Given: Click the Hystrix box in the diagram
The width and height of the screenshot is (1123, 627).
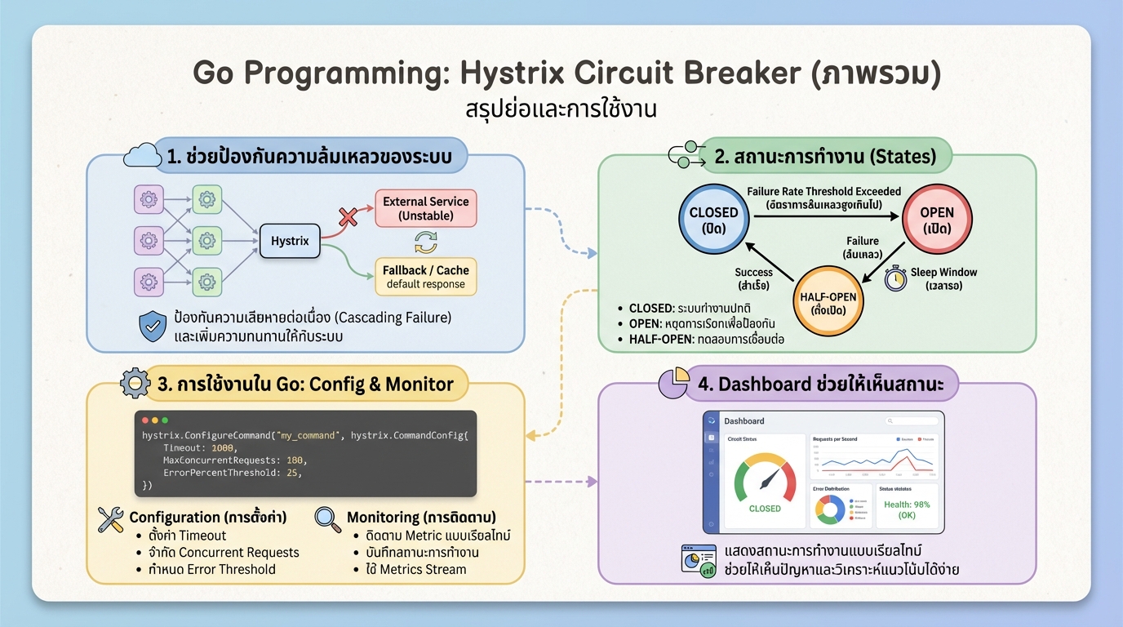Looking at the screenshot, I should point(290,241).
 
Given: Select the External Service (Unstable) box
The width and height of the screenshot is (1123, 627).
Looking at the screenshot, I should point(425,208).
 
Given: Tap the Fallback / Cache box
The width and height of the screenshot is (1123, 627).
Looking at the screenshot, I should point(425,277).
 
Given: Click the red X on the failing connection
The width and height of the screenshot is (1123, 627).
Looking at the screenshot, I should point(348,217).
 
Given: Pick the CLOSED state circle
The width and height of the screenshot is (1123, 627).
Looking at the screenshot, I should point(713,220).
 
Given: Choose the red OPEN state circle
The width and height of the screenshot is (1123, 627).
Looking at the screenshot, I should point(936,220).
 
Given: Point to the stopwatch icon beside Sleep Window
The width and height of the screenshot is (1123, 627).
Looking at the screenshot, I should point(895,277).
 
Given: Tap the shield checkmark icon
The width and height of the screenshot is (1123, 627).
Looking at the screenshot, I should point(153,326).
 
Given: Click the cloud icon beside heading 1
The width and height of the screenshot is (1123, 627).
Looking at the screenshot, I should point(142,156).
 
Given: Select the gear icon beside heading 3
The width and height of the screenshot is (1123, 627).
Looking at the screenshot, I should point(135,383).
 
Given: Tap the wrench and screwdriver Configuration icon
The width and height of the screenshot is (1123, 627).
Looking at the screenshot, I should point(110,518).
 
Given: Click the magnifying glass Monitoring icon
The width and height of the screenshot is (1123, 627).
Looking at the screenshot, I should point(327,519).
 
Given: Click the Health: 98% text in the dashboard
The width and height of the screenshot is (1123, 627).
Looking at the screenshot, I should point(907,505).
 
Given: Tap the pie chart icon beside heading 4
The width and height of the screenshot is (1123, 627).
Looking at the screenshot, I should point(672,383).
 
